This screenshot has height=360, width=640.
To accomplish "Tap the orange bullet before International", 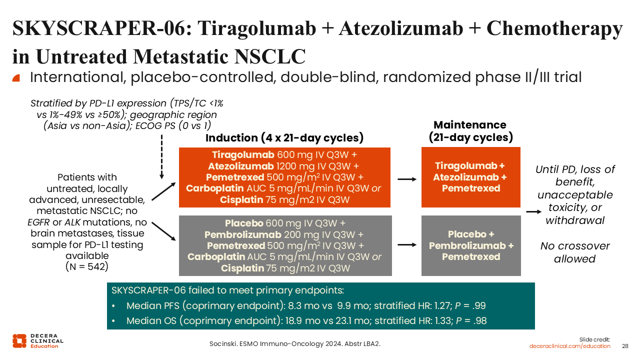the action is (16, 78).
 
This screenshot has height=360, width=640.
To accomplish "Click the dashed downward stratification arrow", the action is (161, 157).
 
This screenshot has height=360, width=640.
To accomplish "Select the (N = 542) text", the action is (87, 266).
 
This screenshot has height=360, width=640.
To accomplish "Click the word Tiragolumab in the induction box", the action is (243, 155).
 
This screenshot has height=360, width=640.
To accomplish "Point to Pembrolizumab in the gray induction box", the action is (243, 235).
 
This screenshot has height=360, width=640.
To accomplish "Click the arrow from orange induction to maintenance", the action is (407, 179).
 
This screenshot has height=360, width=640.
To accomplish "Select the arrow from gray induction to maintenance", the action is (407, 245).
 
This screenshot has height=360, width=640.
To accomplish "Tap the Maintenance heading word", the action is (470, 125).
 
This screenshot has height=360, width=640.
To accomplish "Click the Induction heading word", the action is (231, 138).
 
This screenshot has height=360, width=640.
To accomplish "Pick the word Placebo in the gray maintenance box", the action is (467, 234).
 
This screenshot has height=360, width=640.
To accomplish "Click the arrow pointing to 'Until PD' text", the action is (533, 211).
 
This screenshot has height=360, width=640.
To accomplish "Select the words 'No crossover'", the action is (575, 246).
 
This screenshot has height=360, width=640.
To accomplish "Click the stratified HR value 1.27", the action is (443, 305).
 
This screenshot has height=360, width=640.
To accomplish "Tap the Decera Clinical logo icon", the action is (19, 341).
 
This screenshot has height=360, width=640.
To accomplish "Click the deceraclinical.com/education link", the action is (569, 346).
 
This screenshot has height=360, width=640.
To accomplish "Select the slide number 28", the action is (625, 346).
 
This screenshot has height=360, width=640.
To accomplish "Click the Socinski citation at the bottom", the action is (295, 344).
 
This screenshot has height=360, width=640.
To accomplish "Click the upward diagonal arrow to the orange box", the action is (163, 191).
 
